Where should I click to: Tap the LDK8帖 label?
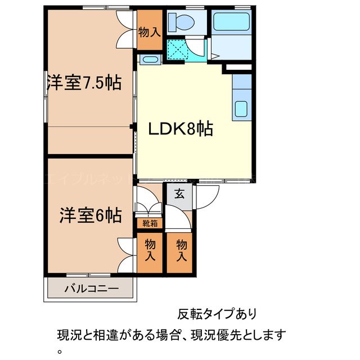coord(180,129)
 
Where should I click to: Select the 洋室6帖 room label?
coord(91,215)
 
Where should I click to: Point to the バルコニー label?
coord(91,290)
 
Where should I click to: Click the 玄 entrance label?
coord(179,194)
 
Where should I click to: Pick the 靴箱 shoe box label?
coord(150,224)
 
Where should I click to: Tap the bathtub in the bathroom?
coord(231,23)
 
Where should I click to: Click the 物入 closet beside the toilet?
coord(149,32)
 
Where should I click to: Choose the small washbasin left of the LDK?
coord(149,59)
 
